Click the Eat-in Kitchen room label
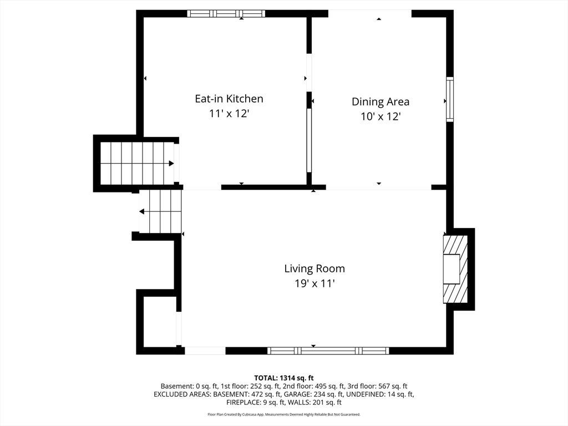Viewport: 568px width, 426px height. [229, 99]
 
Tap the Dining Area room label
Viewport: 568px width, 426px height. [381, 102]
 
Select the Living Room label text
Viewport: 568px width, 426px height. [315, 268]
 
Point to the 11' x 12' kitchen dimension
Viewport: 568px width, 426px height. [229, 113]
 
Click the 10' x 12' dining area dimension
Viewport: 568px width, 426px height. [381, 116]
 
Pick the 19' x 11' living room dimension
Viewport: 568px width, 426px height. [315, 283]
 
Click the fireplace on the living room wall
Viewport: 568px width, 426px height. [455, 269]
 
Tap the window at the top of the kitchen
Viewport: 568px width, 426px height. [226, 14]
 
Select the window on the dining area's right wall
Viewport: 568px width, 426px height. [449, 99]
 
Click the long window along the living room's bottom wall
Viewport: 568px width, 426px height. [328, 351]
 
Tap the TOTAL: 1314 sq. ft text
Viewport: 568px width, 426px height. [283, 378]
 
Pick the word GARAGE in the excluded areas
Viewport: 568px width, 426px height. [297, 394]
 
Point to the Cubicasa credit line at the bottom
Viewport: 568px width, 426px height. [283, 414]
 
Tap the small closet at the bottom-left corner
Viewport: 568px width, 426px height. [160, 321]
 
